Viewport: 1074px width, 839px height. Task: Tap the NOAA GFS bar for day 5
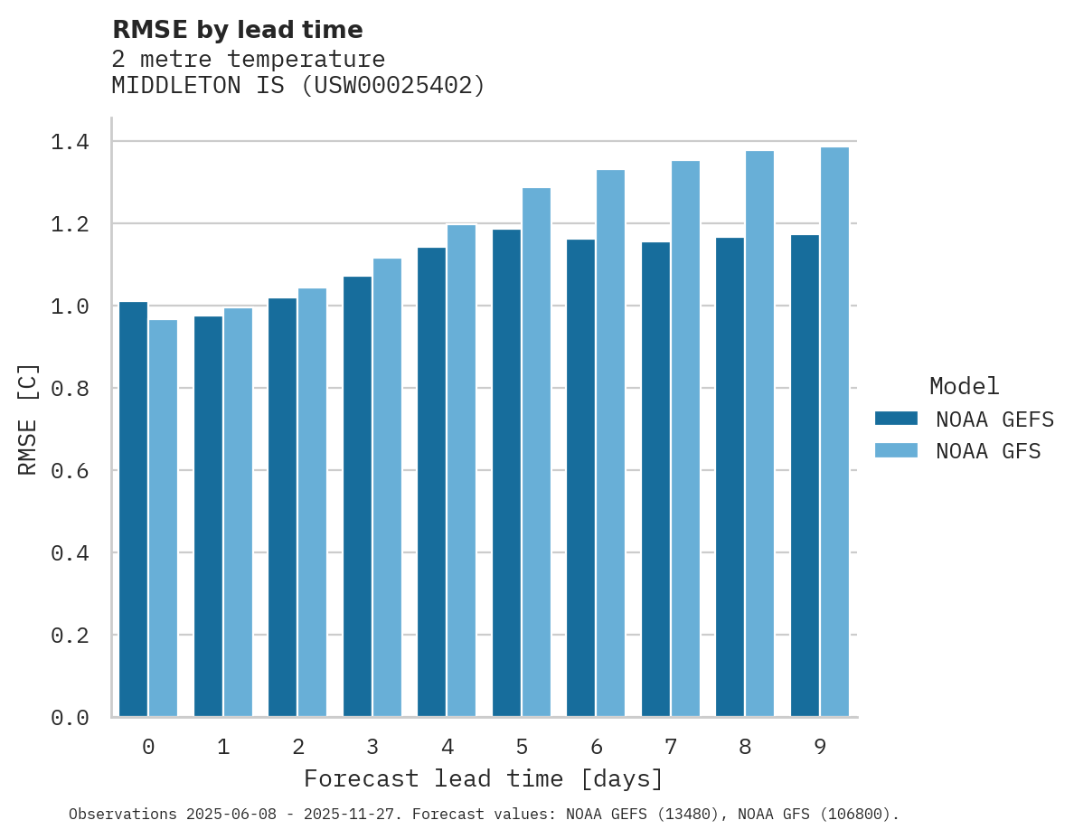coord(536,452)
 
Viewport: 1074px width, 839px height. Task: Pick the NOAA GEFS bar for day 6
coord(580,478)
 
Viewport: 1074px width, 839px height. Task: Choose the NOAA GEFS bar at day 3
coord(357,496)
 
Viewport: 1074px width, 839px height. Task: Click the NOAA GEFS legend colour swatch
coord(896,419)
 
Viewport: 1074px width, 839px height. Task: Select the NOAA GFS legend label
coord(988,451)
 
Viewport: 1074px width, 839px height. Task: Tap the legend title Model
coord(964,387)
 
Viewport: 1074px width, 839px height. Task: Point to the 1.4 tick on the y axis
coord(70,142)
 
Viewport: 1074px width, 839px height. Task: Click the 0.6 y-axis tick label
coord(70,471)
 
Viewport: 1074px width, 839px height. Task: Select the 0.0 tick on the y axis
coord(70,718)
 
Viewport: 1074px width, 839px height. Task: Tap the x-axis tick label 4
coord(447,748)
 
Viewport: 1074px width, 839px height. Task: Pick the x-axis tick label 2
coord(297,748)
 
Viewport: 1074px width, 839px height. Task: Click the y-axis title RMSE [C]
coord(28,419)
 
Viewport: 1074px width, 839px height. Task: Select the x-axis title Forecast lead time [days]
coord(484,779)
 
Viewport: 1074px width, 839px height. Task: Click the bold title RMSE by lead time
coord(237,31)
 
